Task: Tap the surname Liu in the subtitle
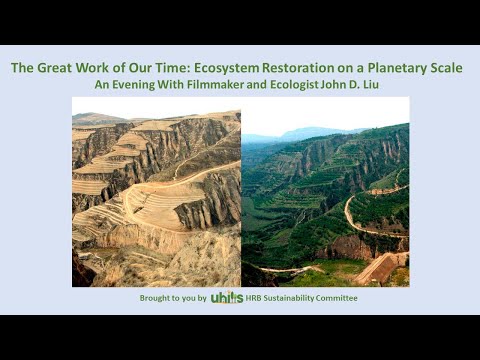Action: click(374, 85)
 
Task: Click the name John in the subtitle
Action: click(336, 85)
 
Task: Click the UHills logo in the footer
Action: click(227, 298)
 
